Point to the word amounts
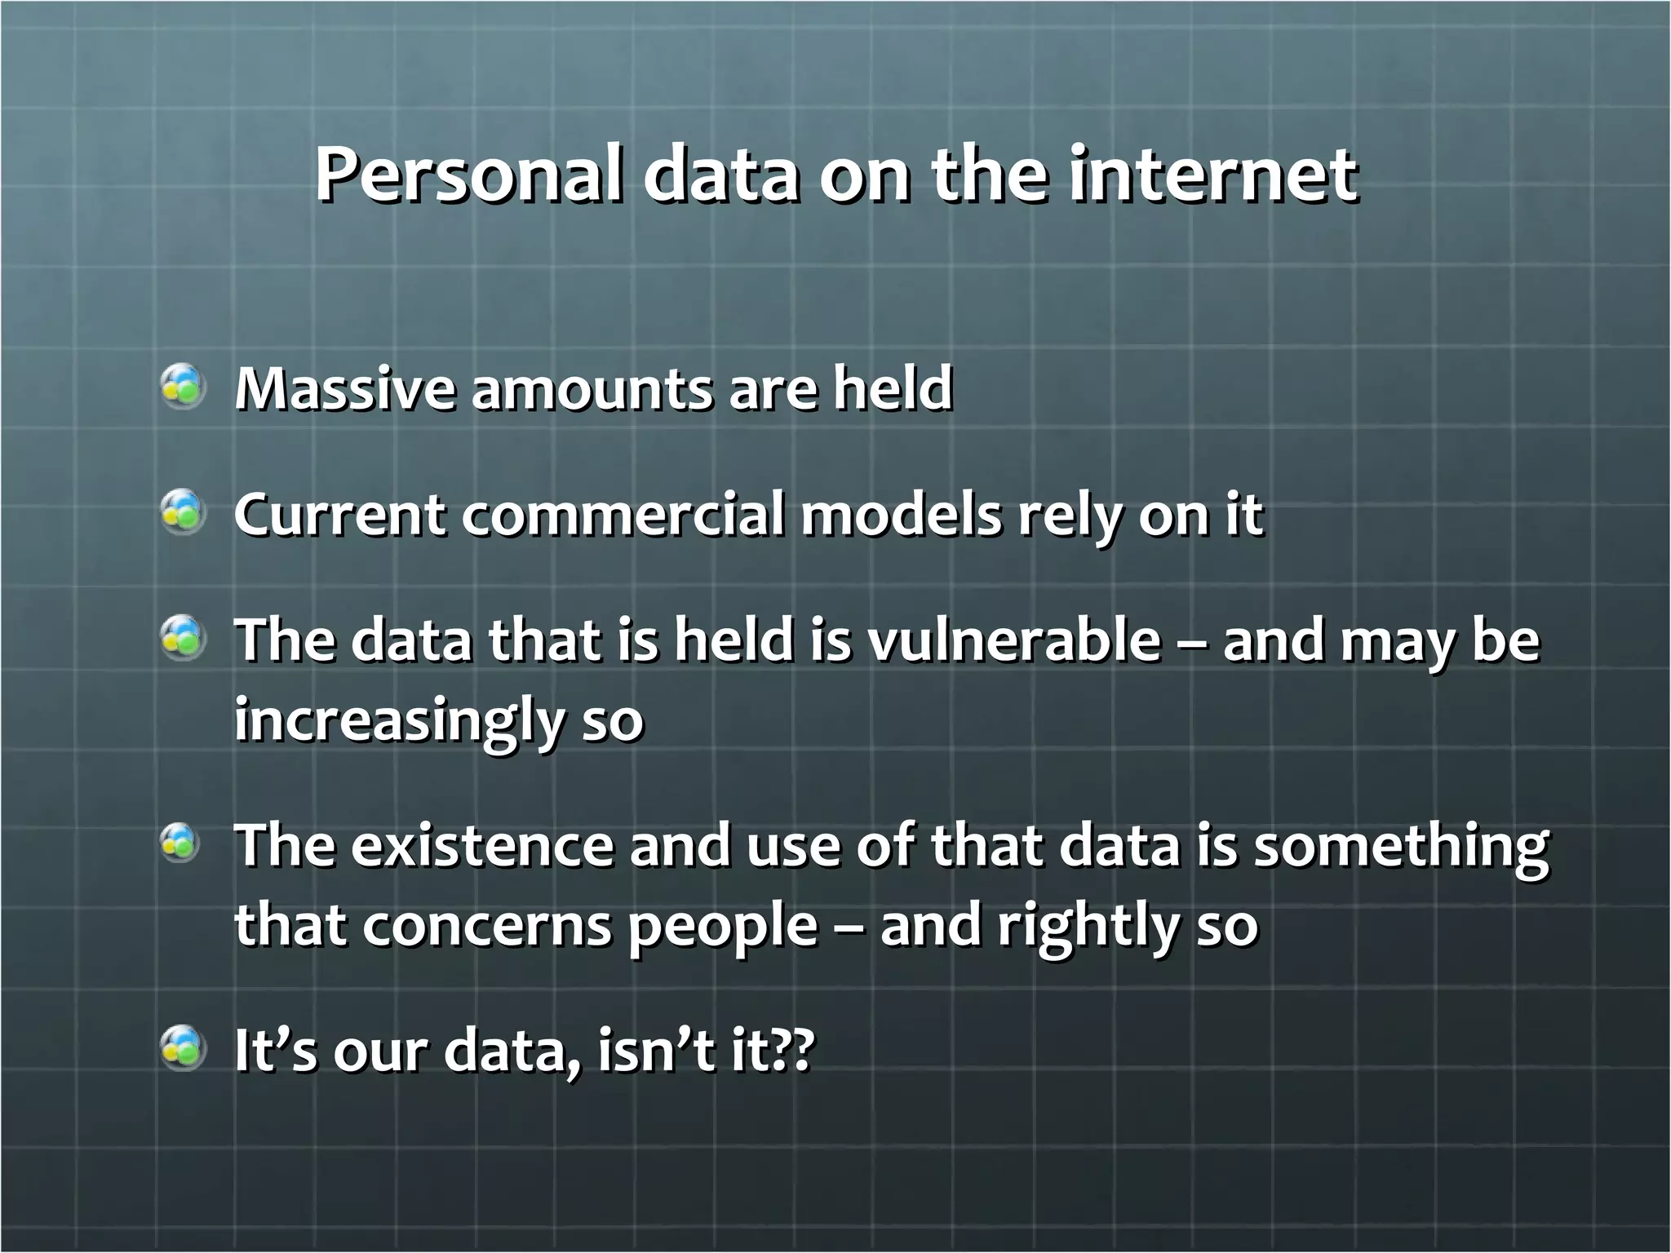[592, 388]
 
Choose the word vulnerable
[1013, 641]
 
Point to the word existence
[482, 847]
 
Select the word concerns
[486, 927]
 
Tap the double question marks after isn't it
[793, 1051]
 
